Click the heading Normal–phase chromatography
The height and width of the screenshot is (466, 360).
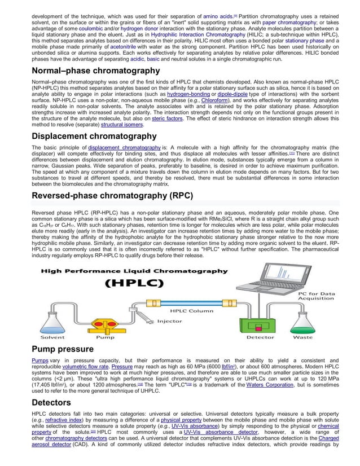[x=95, y=71]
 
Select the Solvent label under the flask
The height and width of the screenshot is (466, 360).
[x=52, y=337]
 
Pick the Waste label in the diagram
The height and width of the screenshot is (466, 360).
[x=303, y=337]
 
